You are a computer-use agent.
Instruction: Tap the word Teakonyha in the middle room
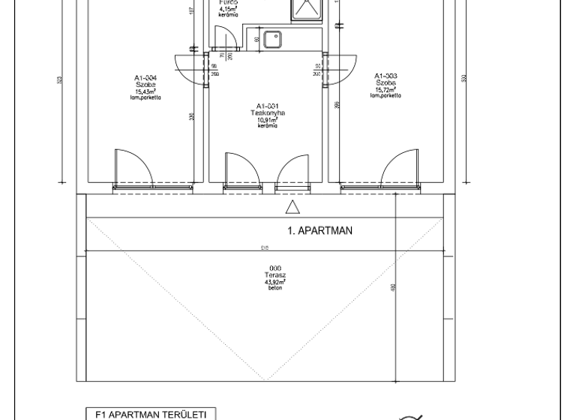tap(267, 112)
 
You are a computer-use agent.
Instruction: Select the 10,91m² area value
tap(267, 120)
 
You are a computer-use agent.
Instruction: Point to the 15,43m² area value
tap(145, 91)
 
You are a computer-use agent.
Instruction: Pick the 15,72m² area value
tap(385, 90)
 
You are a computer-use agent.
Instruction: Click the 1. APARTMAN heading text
tap(320, 231)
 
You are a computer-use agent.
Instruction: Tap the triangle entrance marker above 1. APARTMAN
tap(292, 207)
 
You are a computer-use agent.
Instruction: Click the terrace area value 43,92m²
tap(275, 282)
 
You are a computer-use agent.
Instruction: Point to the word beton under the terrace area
tap(275, 289)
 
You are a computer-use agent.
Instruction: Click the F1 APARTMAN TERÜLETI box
tap(151, 413)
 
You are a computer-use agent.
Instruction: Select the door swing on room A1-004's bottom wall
tap(132, 168)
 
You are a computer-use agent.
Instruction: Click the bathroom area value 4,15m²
tap(229, 9)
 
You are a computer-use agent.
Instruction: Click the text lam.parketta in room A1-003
tap(385, 96)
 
